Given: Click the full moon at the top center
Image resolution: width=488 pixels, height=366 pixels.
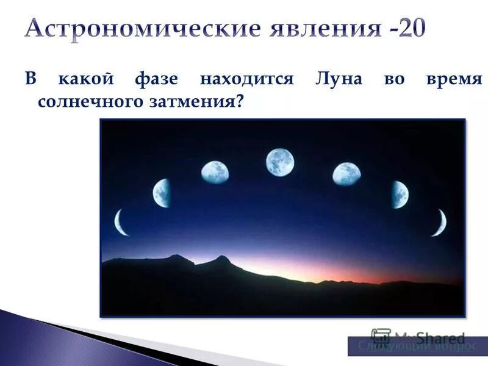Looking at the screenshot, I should (280, 162).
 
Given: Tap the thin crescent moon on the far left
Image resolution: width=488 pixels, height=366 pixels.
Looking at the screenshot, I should (121, 222).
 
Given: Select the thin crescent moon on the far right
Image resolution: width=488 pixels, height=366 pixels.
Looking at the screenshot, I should (439, 223).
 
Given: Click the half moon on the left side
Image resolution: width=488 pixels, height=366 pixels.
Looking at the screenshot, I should (162, 193).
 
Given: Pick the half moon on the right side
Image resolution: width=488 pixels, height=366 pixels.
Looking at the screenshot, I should (400, 195).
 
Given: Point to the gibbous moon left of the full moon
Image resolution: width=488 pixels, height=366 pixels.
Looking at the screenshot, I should (215, 173).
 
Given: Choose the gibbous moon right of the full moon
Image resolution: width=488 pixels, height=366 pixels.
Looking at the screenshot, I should (346, 174).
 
